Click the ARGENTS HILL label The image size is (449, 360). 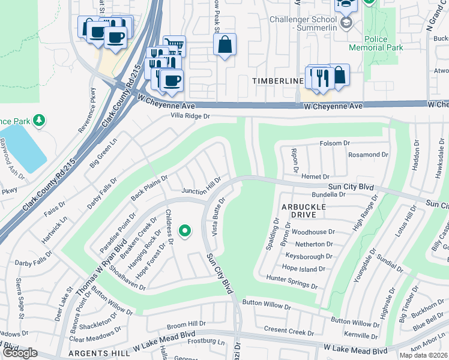pyautogui.click(x=97, y=354)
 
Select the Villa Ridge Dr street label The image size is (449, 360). pyautogui.click(x=190, y=115)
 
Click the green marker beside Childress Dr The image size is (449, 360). pyautogui.click(x=185, y=230)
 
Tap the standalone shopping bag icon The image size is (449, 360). pyautogui.click(x=224, y=44)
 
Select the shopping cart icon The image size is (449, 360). pyautogui.click(x=175, y=45)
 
